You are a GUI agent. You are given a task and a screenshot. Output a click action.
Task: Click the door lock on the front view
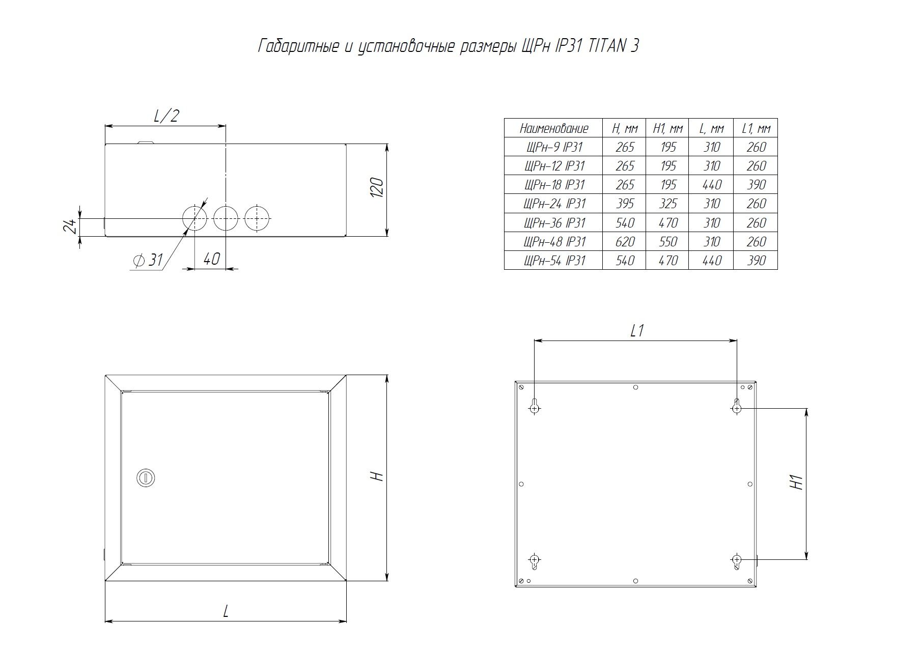click(x=146, y=478)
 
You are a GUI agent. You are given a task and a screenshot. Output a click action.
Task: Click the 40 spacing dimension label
click(x=211, y=259)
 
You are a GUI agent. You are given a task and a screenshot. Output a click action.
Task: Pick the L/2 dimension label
click(x=166, y=116)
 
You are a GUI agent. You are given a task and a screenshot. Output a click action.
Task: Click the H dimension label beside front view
click(x=376, y=476)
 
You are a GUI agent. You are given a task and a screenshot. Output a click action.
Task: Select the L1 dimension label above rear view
click(x=637, y=331)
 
